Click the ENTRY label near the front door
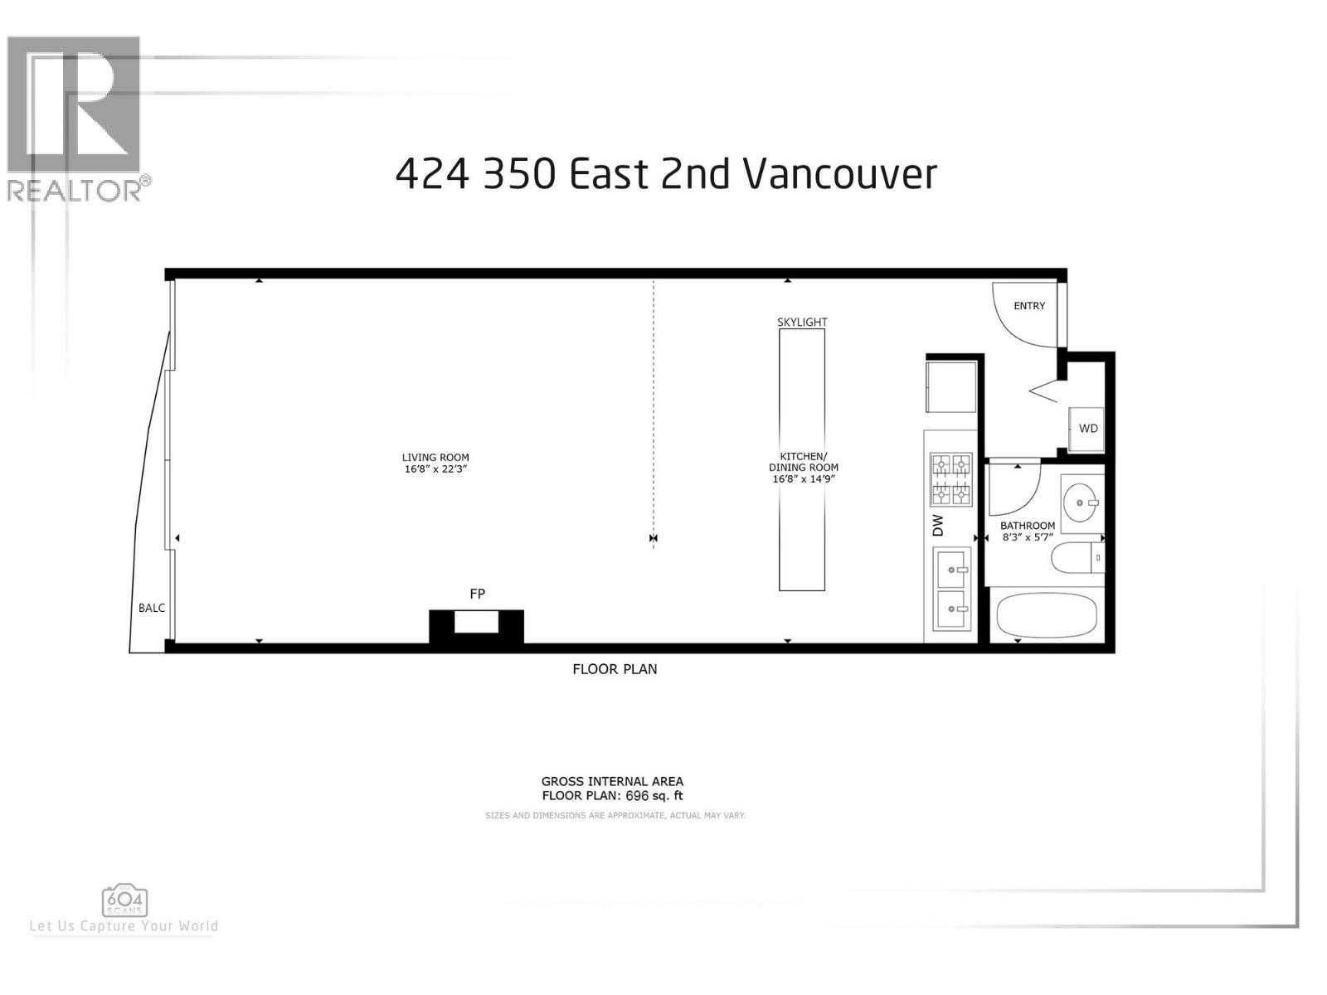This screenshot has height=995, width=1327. [1029, 306]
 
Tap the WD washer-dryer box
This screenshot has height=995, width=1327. [1087, 429]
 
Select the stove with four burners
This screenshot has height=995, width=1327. [950, 479]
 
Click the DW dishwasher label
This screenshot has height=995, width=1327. [939, 525]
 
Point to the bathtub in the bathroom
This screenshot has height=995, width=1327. [1047, 614]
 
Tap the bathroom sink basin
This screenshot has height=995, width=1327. [1081, 502]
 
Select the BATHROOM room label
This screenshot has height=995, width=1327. [1028, 526]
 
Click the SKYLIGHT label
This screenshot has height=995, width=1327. [802, 322]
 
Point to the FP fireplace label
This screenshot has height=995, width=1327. [477, 594]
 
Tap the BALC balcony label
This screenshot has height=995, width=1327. [152, 608]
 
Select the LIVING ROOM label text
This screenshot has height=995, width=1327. [435, 457]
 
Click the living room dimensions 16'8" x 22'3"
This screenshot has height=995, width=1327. [435, 469]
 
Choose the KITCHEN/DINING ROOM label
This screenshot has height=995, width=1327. [803, 462]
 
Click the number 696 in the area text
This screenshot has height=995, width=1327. [637, 796]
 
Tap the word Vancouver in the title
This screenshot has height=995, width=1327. [839, 174]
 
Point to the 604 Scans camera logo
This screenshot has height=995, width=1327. [124, 900]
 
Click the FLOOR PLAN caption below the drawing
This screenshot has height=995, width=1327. [615, 669]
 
